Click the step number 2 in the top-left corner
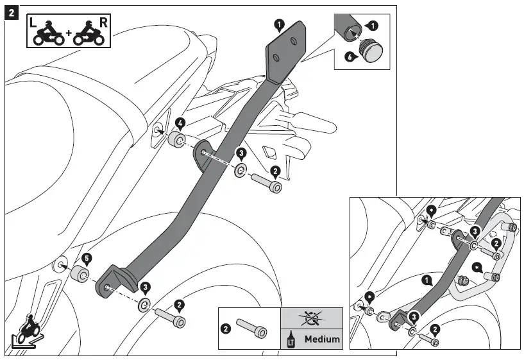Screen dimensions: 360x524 coord(11,13)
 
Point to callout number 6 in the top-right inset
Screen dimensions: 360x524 coord(350,56)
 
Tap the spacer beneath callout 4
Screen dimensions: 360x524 coord(177,139)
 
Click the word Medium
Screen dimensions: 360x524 coord(322,338)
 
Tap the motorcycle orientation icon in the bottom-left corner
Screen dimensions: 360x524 coord(26,330)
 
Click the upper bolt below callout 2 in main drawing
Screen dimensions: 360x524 coord(268,185)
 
